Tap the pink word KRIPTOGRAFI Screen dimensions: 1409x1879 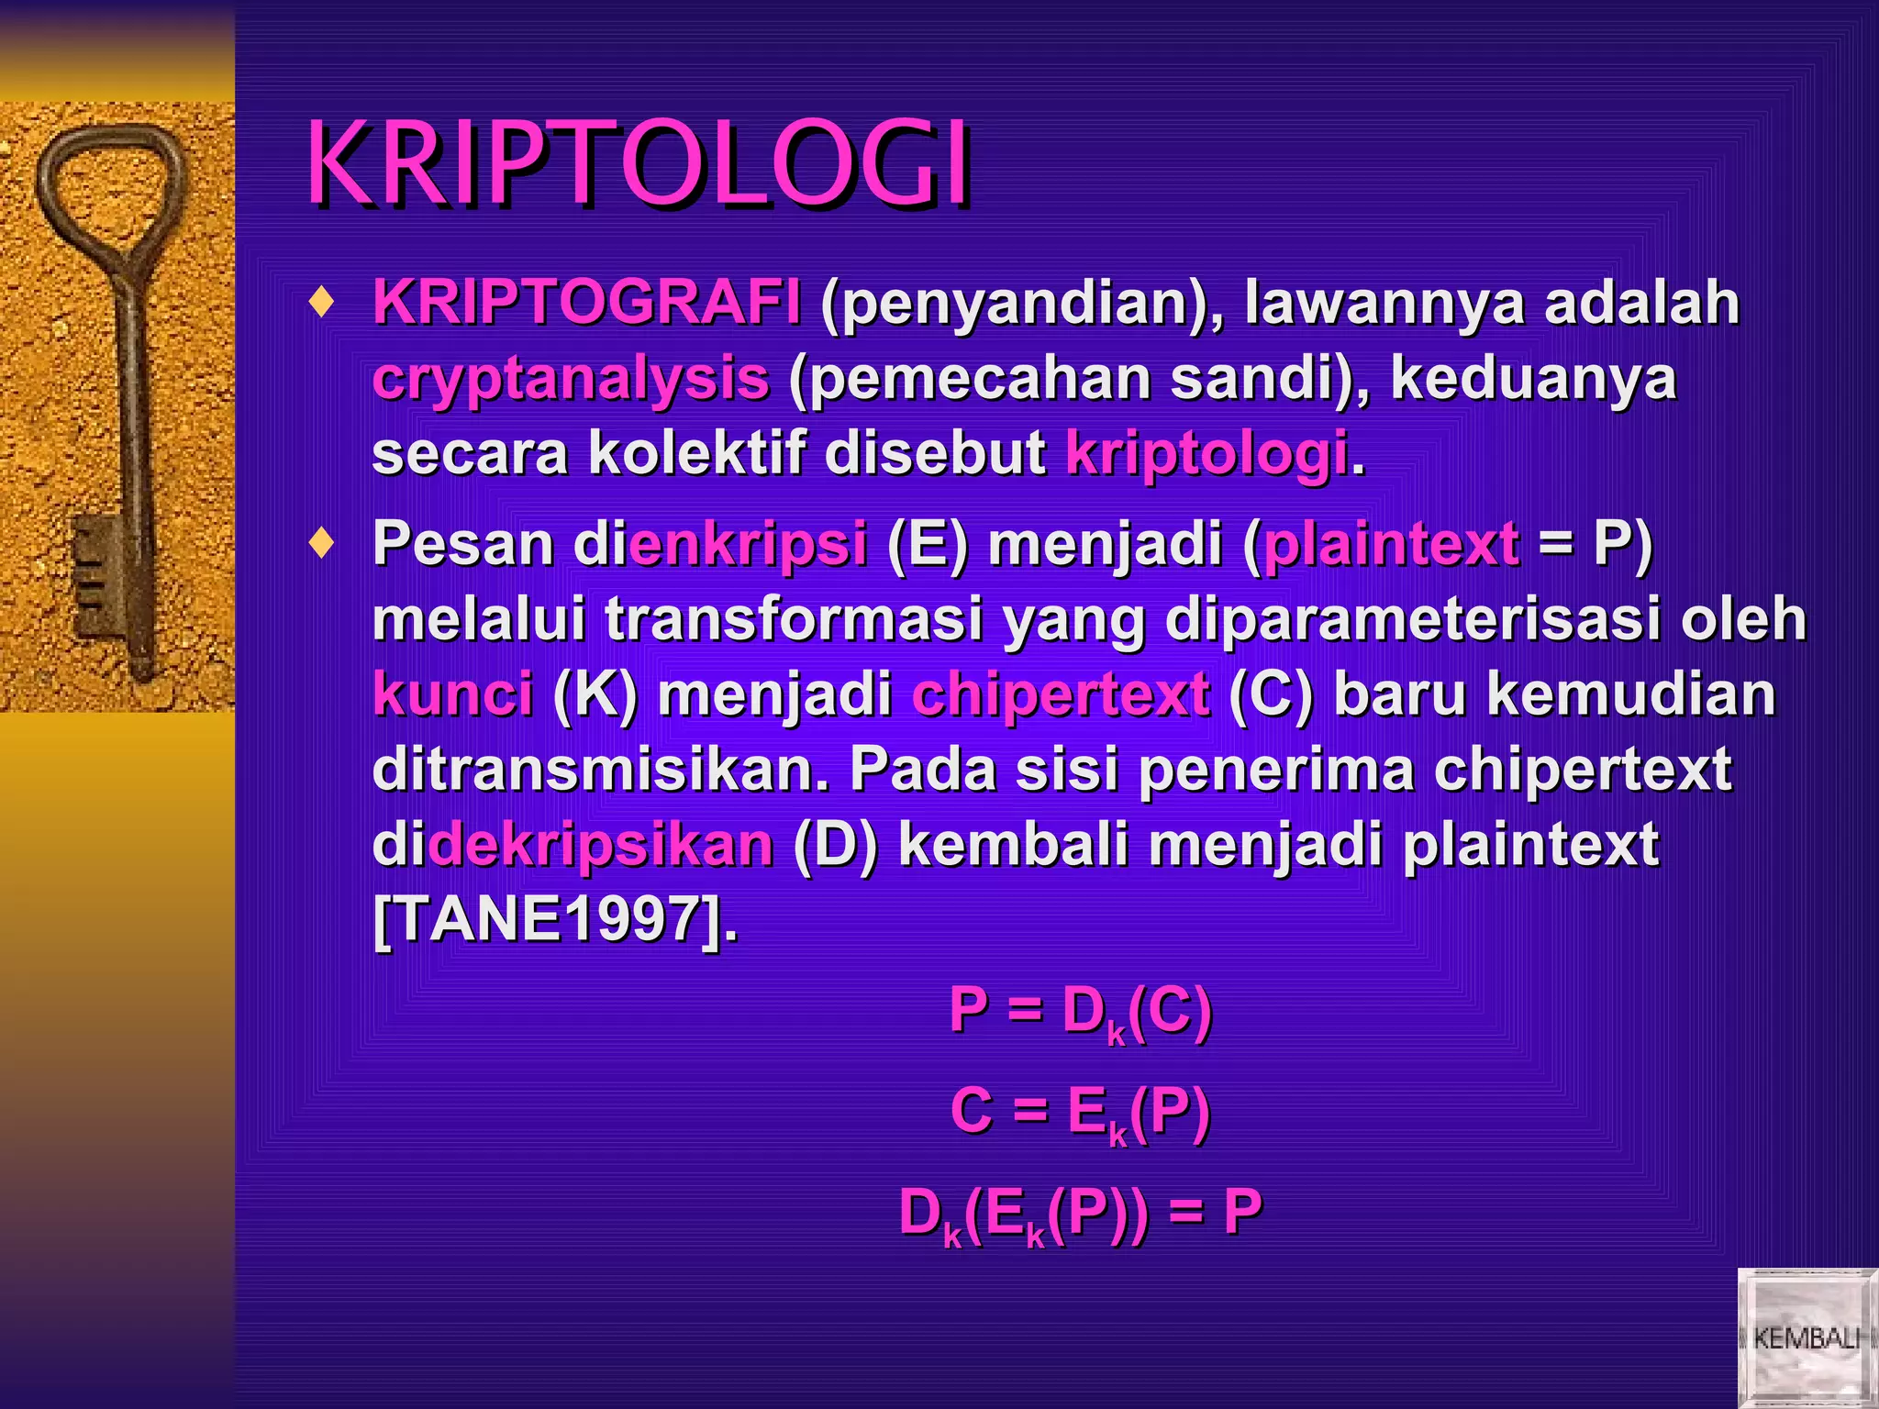click(585, 302)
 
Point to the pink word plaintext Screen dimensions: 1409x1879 click(1390, 544)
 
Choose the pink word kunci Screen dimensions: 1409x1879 click(452, 693)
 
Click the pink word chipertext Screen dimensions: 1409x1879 click(1060, 694)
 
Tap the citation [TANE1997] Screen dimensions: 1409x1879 click(554, 918)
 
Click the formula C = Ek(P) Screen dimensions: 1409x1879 click(1081, 1112)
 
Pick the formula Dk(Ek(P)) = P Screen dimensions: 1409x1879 click(1081, 1213)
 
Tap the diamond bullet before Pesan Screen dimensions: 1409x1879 click(321, 543)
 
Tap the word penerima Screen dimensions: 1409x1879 click(1276, 769)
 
